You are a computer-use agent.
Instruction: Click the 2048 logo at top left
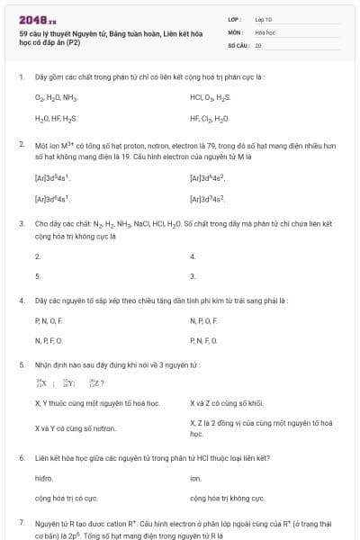38,19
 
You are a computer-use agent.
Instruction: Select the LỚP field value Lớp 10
264,19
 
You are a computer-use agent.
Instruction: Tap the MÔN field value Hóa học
265,31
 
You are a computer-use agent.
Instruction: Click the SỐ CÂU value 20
258,44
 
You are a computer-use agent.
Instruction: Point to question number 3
21,222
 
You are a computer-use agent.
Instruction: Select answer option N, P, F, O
49,340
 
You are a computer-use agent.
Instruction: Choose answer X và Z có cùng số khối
226,403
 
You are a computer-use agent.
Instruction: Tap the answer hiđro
44,479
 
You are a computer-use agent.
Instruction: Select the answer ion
195,479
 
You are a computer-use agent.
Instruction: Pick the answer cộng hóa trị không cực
227,498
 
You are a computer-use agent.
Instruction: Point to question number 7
21,522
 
